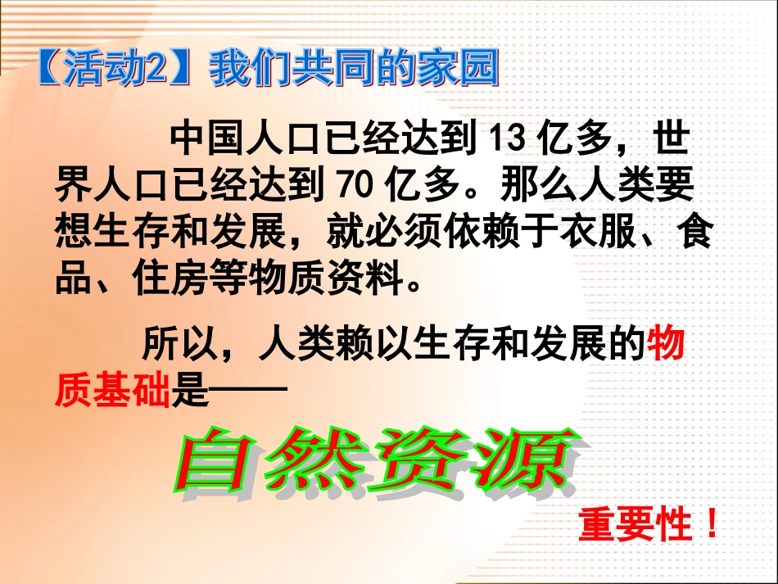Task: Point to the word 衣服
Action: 596,233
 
